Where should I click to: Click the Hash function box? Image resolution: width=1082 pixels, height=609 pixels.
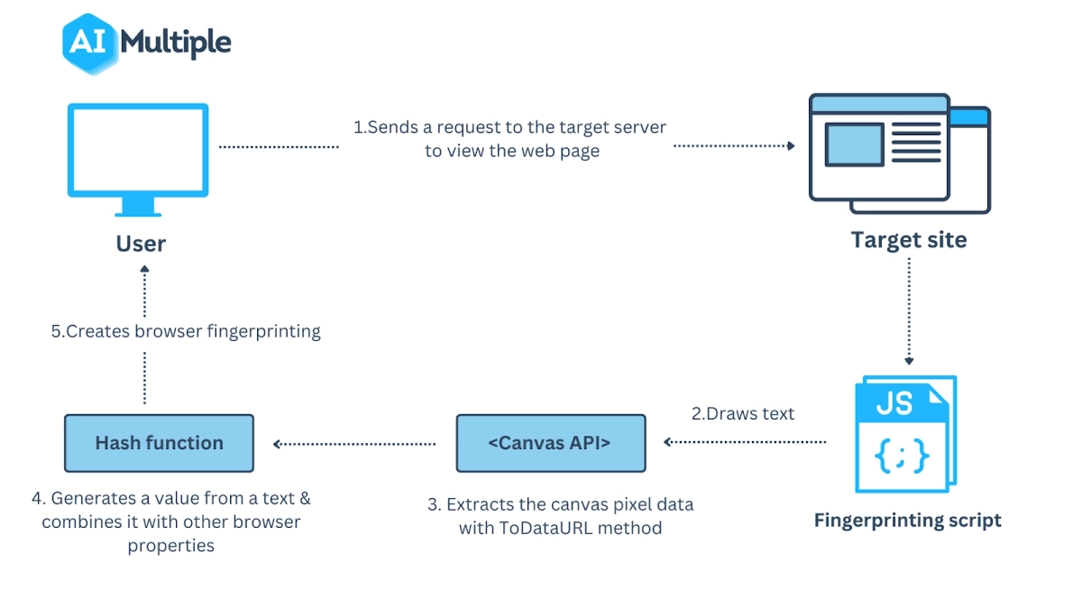[159, 443]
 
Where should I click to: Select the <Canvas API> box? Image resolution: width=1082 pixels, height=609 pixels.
[550, 443]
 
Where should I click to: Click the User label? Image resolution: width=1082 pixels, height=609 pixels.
[141, 244]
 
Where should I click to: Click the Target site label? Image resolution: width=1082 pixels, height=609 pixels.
[908, 240]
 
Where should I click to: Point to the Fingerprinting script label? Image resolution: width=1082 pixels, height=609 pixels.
[907, 521]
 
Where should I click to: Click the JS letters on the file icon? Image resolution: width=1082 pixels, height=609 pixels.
[894, 403]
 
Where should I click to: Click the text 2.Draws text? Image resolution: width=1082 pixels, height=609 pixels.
[743, 414]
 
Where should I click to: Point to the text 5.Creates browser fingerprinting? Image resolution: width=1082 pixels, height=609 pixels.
[185, 331]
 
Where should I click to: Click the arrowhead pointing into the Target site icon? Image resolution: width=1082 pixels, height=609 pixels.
[791, 145]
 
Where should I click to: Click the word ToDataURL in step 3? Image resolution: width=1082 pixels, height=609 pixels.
[544, 528]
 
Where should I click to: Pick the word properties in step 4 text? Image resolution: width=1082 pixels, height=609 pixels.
[170, 545]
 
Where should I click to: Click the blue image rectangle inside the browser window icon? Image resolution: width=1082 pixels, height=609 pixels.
[854, 145]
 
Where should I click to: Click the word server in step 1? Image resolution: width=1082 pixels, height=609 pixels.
[639, 127]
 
